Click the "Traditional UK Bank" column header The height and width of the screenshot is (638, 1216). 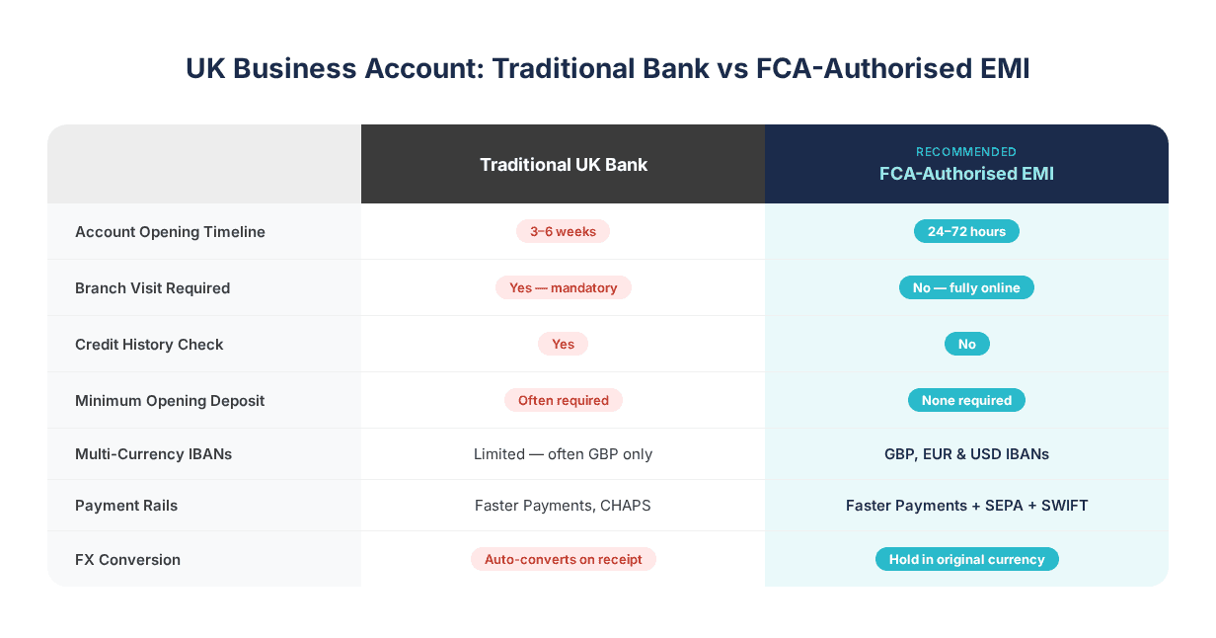[x=564, y=165]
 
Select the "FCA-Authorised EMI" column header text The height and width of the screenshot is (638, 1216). [x=966, y=174]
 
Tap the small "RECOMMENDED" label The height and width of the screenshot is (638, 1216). [x=966, y=152]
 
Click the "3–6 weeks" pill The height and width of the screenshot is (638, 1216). [x=563, y=231]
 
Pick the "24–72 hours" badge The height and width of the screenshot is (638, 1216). [x=966, y=231]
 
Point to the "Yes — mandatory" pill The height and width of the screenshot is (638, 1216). [x=563, y=287]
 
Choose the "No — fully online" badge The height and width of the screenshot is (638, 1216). [x=966, y=287]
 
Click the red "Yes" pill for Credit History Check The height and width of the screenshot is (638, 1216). [x=563, y=344]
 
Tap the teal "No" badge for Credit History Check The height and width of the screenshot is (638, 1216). [x=966, y=344]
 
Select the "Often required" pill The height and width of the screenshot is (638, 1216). [x=563, y=400]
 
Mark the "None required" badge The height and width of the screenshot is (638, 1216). [x=966, y=400]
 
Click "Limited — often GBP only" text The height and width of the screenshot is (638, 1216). [x=563, y=454]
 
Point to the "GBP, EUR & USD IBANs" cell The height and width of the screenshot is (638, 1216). [x=966, y=454]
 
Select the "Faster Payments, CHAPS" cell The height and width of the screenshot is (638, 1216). [x=563, y=506]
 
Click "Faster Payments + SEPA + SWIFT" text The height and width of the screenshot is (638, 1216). [x=966, y=506]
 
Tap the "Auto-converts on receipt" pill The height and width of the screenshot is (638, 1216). [x=563, y=559]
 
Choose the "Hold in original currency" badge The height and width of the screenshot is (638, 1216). [x=966, y=559]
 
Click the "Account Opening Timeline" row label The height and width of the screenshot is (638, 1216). [x=170, y=232]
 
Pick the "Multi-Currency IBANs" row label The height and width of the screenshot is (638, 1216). [x=153, y=454]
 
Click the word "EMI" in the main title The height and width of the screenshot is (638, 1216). [x=999, y=69]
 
